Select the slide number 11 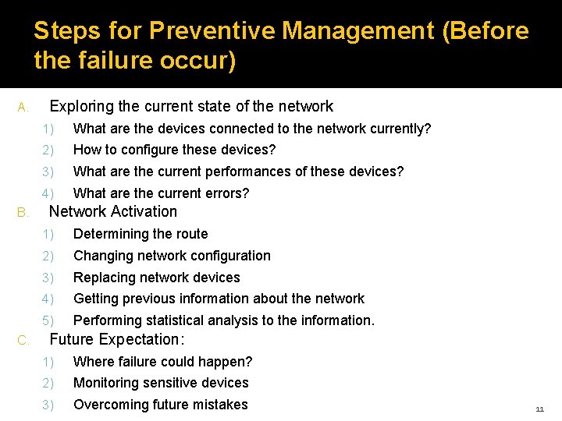coord(539,409)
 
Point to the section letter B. coord(23,212)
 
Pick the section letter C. coord(23,340)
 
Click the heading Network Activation coord(113,212)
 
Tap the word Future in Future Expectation coord(73,340)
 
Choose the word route coord(190,234)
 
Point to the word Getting coord(97,299)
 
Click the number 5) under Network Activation coord(49,320)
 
